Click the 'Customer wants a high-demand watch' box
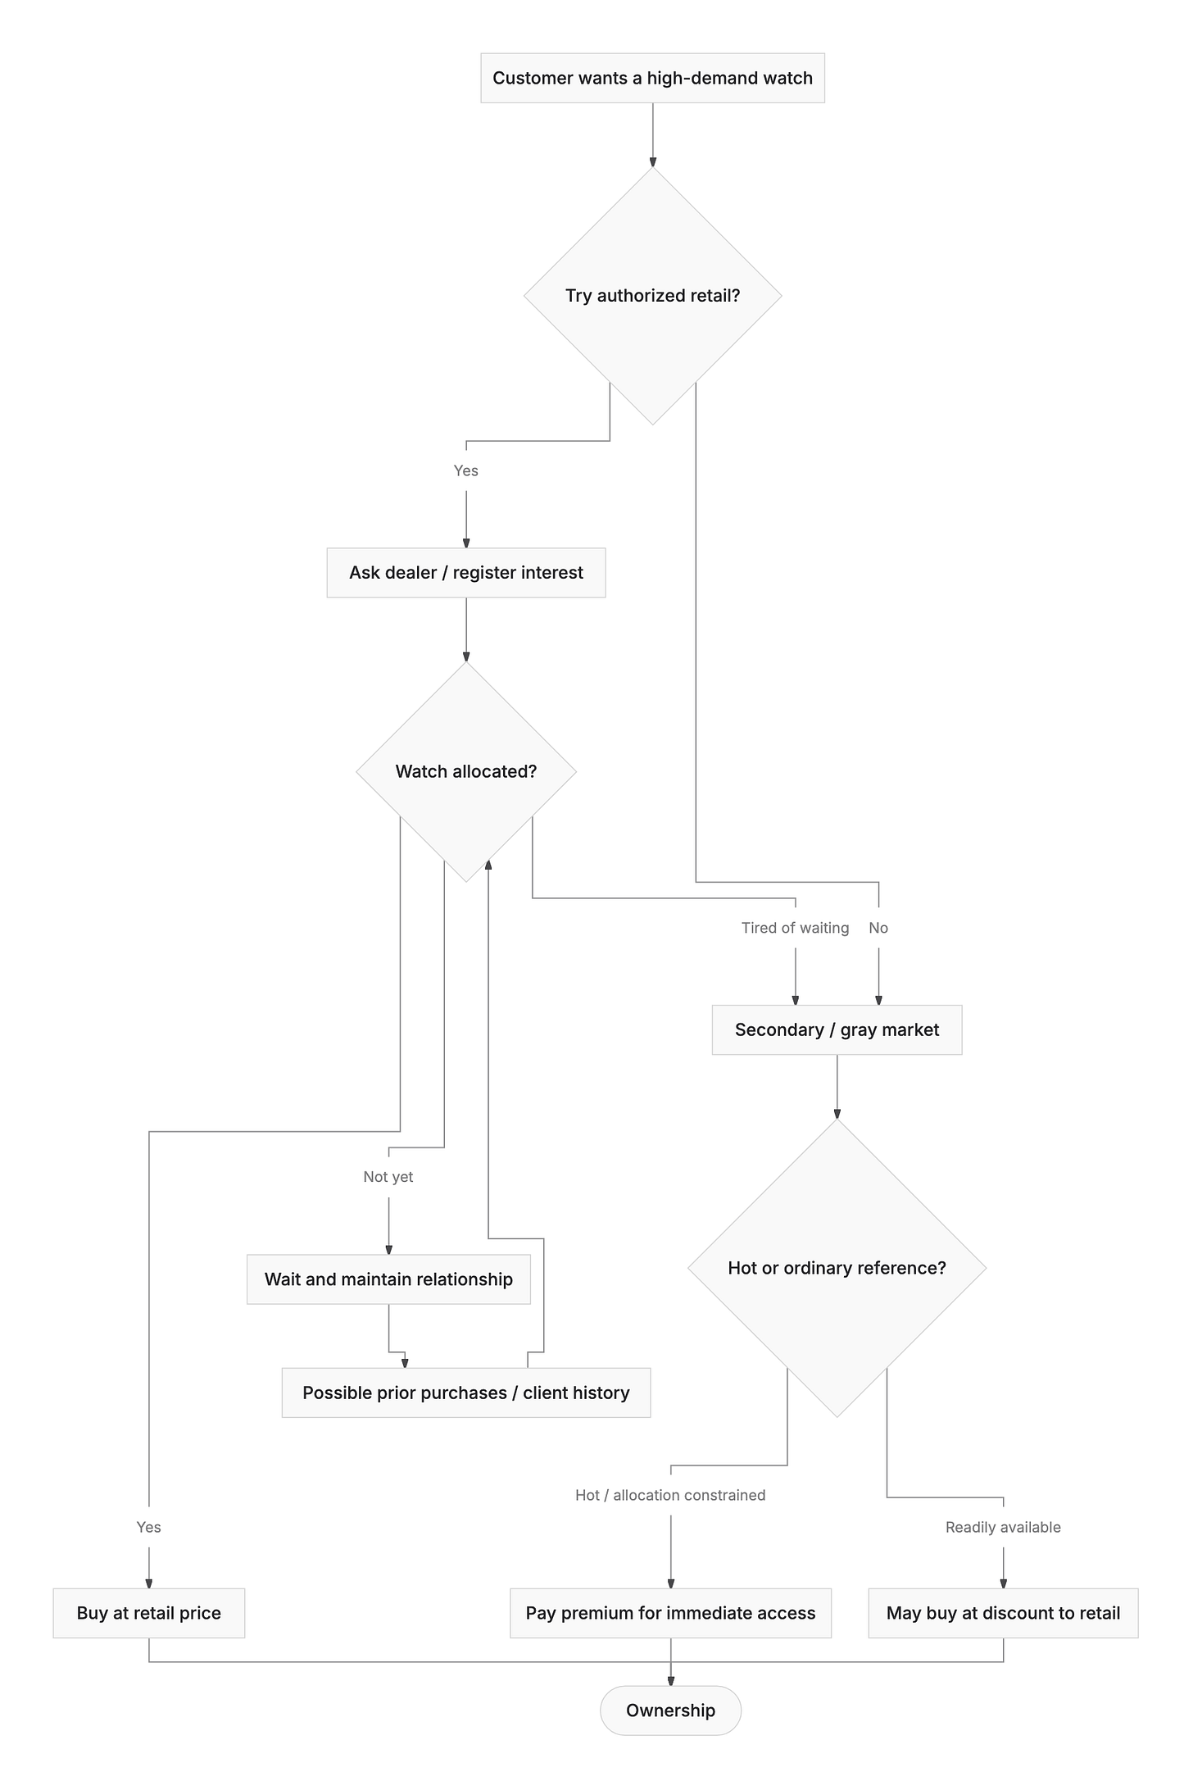coord(652,78)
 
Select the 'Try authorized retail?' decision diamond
coord(652,296)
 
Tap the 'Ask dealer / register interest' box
coord(466,573)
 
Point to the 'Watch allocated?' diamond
coord(466,771)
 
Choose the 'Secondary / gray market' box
coord(837,1030)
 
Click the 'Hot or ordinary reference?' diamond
coord(837,1268)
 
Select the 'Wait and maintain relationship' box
coord(388,1279)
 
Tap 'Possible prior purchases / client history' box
coord(466,1392)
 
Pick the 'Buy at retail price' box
coord(149,1613)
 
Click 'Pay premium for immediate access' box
coord(670,1613)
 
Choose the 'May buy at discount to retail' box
coord(1003,1613)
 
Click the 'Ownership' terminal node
coord(670,1710)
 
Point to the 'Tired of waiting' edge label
coord(795,928)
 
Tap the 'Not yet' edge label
coord(388,1177)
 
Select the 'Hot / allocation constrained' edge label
coord(670,1495)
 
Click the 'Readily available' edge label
coord(1003,1527)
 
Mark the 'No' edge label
coord(878,928)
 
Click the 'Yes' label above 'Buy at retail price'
coord(149,1527)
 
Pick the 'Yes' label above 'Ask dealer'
coord(466,470)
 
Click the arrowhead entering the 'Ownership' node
coord(670,1680)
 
